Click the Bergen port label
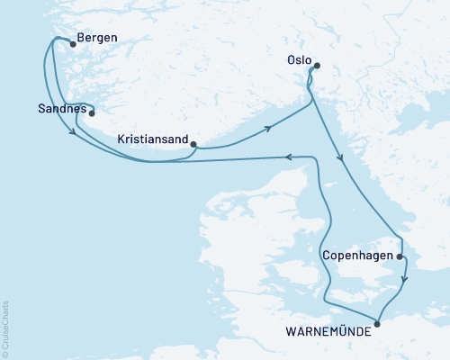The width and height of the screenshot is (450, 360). (x=98, y=39)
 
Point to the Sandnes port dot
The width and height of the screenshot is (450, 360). (x=91, y=113)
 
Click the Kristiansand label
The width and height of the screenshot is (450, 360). (x=153, y=139)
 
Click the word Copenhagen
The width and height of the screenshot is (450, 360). (x=357, y=256)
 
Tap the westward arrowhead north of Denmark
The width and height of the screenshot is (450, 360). (x=289, y=157)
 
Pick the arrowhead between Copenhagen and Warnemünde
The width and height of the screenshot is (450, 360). (x=405, y=279)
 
